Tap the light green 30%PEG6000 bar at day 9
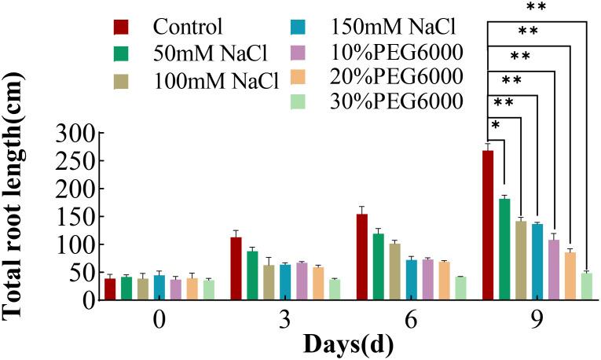pos(586,286)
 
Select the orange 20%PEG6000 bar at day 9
pos(570,275)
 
